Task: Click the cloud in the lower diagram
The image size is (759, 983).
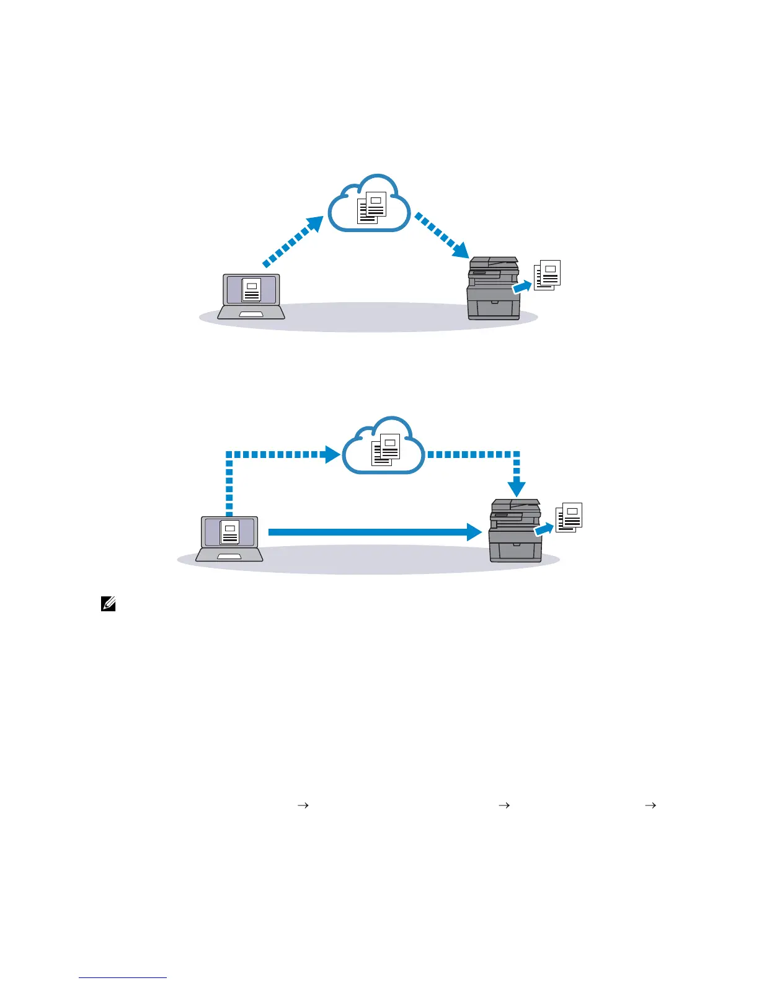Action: coord(384,446)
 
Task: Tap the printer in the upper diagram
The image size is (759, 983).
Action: coord(494,289)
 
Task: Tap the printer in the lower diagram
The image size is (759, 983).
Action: coord(515,531)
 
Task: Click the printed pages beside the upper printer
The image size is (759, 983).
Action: coord(548,274)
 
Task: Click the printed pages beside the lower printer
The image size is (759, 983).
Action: coord(569,517)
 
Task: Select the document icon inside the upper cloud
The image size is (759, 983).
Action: coord(372,207)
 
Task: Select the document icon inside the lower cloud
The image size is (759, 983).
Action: coord(386,449)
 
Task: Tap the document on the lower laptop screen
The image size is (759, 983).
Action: coord(229,532)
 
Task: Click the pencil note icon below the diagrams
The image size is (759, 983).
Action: coord(109,603)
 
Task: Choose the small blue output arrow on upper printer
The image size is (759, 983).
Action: coord(522,287)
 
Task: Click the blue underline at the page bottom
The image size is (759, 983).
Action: coord(123,977)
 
